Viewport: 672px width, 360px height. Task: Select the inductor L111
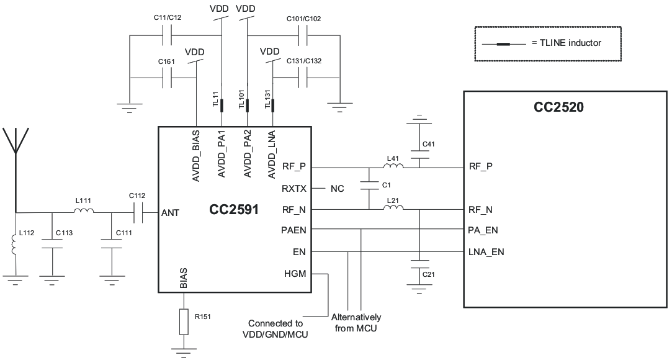click(x=84, y=212)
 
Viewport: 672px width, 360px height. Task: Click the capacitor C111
click(x=112, y=247)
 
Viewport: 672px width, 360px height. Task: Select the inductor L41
click(x=393, y=167)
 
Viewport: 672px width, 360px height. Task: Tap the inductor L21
click(x=393, y=209)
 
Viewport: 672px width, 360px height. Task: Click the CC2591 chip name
click(x=233, y=210)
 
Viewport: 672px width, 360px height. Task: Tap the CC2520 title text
click(x=558, y=107)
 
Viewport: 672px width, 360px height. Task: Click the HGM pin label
click(x=295, y=273)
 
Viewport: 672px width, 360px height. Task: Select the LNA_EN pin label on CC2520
click(x=486, y=252)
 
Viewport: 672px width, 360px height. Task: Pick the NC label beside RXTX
click(x=336, y=188)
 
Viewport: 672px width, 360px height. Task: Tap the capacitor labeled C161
click(x=167, y=78)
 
